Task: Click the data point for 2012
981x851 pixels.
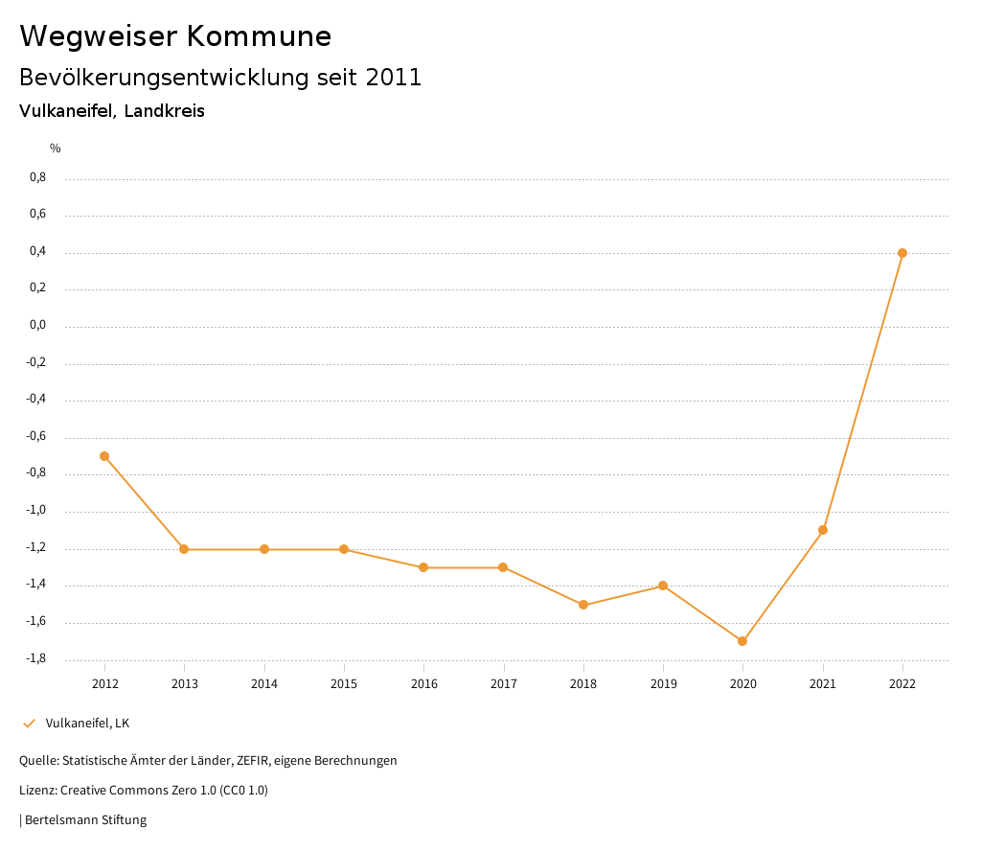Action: [x=104, y=456]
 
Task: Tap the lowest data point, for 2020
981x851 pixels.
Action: [x=742, y=641]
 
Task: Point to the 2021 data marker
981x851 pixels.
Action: [x=823, y=530]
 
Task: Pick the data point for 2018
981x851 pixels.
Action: [x=583, y=605]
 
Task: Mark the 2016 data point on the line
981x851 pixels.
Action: [x=423, y=567]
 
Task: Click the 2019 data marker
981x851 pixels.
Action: [x=663, y=586]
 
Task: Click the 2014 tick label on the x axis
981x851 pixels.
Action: [x=264, y=684]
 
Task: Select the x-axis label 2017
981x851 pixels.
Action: [x=504, y=684]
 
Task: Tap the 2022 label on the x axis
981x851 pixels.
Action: [x=902, y=684]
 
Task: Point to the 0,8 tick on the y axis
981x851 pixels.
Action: [x=37, y=177]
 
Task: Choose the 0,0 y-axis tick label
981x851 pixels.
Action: [x=37, y=326]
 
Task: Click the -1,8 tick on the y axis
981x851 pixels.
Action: [x=35, y=659]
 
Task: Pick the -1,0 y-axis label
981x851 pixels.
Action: [x=35, y=511]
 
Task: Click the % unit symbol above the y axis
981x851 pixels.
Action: [x=56, y=149]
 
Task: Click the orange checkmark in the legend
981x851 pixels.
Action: [x=29, y=724]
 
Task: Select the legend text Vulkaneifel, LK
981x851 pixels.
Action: [x=87, y=724]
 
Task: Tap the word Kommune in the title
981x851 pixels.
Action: [x=259, y=36]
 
